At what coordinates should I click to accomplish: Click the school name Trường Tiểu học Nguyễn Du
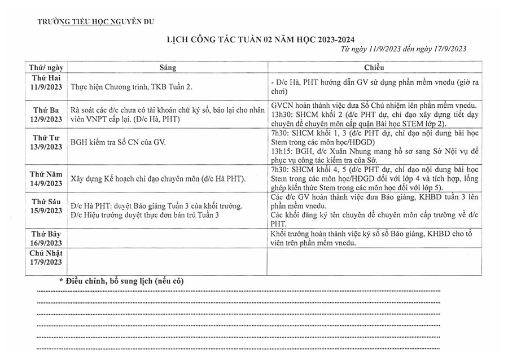[95, 22]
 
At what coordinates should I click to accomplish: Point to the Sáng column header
[168, 68]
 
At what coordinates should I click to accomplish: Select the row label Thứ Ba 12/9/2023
[46, 115]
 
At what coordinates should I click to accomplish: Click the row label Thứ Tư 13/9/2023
[46, 143]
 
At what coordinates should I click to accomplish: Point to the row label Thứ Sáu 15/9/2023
[46, 206]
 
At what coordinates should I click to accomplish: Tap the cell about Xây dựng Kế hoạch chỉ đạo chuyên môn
[158, 179]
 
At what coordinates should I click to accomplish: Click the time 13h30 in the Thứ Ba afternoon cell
[281, 115]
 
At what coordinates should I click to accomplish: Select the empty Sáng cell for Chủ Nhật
[168, 261]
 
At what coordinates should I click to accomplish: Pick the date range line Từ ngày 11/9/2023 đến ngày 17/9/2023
[404, 49]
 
